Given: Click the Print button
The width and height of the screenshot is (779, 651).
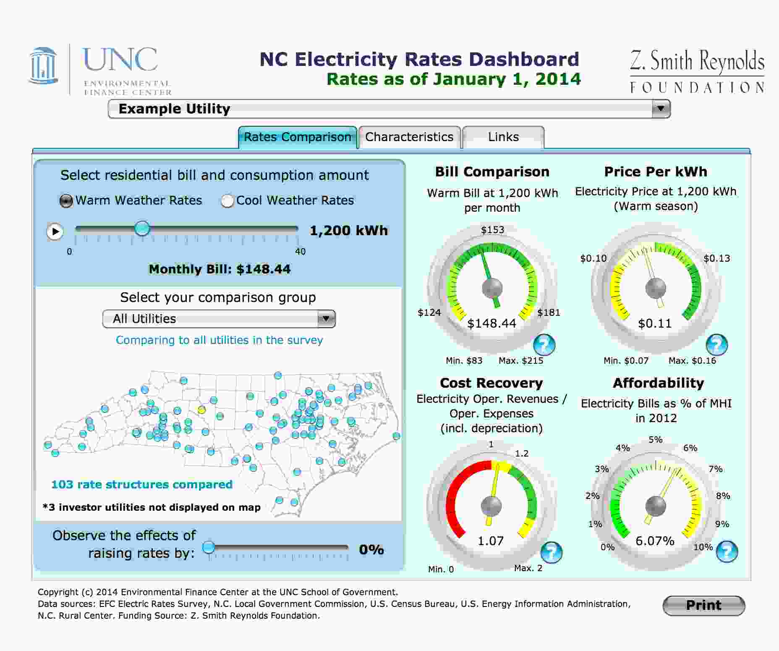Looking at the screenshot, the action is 703,605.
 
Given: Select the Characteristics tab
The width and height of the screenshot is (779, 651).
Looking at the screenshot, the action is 409,137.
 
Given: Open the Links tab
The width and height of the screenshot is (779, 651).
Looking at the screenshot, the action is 503,137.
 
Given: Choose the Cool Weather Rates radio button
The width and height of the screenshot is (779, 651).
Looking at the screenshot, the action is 227,201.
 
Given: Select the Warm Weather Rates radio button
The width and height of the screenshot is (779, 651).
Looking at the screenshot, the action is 66,201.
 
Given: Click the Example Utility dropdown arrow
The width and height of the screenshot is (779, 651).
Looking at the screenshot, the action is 661,108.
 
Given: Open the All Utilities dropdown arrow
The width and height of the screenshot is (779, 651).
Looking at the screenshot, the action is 326,319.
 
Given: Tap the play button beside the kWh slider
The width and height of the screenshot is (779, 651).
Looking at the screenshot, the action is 55,231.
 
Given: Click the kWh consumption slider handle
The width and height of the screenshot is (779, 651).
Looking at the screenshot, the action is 142,229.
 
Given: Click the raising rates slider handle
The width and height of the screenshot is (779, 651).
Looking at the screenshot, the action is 209,547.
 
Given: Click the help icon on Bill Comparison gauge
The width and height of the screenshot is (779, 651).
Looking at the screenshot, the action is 544,345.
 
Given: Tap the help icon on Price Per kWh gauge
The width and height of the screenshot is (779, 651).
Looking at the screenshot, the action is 716,345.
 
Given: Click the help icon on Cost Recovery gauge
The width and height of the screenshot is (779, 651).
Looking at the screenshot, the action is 551,552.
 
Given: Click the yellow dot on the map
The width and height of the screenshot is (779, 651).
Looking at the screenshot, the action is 201,409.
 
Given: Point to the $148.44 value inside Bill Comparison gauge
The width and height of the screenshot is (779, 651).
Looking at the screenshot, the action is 491,323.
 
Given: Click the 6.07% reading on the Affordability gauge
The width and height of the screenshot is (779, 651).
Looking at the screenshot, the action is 655,541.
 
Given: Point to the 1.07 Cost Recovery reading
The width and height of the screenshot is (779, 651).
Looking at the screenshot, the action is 491,541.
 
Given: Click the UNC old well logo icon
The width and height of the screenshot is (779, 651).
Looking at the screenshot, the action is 43,66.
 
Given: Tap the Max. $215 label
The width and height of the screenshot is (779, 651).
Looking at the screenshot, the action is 521,360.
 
